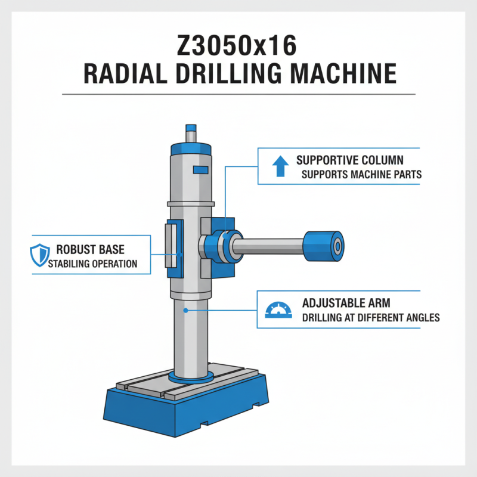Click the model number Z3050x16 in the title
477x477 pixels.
coord(238,45)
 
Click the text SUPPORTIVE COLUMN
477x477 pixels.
coord(349,161)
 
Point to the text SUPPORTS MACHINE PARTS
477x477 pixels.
coord(360,175)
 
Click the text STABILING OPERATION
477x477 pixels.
coord(92,264)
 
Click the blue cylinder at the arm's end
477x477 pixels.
coord(324,245)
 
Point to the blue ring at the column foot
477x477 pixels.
coord(191,378)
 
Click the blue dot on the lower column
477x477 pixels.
coord(187,310)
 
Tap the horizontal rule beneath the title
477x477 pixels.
coord(238,94)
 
